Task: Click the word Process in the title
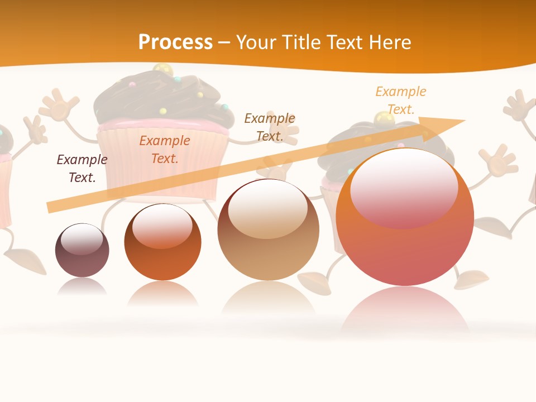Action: click(175, 42)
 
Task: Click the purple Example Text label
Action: click(82, 169)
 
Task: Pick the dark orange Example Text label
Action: click(165, 150)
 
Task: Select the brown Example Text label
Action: click(270, 127)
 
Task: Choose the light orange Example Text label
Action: click(401, 100)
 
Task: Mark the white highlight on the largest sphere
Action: click(404, 187)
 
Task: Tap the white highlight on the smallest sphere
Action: click(82, 238)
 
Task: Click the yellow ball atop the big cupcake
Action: click(162, 70)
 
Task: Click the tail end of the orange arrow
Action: click(51, 207)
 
